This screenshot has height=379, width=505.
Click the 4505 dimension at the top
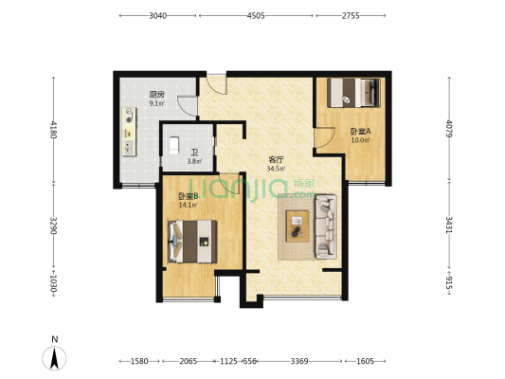256,15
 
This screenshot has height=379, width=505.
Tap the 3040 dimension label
158,15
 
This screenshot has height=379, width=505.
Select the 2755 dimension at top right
351,15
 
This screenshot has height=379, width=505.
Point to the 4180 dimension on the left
53,130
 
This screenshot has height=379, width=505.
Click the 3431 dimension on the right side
449,225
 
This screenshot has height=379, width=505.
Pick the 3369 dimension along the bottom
299,361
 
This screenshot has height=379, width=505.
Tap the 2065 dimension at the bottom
189,361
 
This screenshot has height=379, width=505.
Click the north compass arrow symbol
54,358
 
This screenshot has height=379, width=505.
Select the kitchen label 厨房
157,95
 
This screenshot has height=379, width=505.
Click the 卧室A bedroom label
360,132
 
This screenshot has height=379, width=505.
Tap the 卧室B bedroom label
189,196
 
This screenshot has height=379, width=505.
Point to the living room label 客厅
276,160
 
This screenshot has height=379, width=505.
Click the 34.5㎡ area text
276,169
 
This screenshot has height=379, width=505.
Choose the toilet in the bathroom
174,145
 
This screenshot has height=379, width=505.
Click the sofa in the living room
326,226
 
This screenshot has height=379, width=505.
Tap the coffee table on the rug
298,226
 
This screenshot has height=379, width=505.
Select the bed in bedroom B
192,242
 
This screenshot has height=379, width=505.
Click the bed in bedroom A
353,93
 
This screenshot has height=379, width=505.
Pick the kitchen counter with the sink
129,132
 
